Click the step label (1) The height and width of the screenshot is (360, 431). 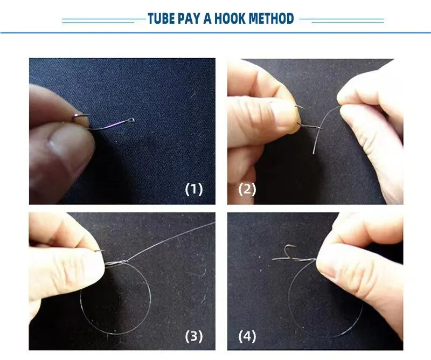tap(194, 189)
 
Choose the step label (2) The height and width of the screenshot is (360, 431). tap(247, 189)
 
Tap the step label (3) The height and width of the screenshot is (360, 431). tap(194, 336)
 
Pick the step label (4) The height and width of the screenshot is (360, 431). tap(247, 336)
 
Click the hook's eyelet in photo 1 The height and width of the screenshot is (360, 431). tap(132, 120)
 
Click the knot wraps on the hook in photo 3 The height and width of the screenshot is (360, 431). tap(117, 262)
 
